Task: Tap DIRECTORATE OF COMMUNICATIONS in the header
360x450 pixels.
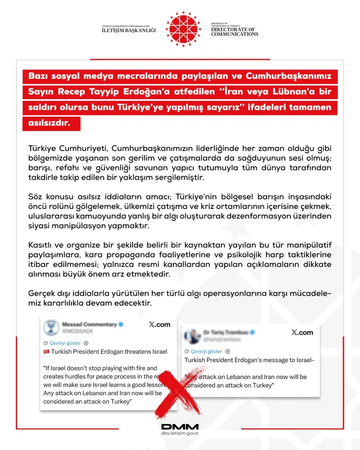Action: tap(235, 32)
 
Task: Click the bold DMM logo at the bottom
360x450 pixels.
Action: tap(180, 426)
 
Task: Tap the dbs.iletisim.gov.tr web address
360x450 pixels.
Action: tap(180, 433)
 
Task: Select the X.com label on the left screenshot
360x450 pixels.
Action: tap(159, 325)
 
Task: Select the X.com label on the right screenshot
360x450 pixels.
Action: tap(302, 332)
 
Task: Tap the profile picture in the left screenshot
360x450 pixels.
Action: tap(51, 328)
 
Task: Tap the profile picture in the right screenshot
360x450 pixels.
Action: tap(193, 335)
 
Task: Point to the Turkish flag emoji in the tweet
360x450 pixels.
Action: tap(47, 352)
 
